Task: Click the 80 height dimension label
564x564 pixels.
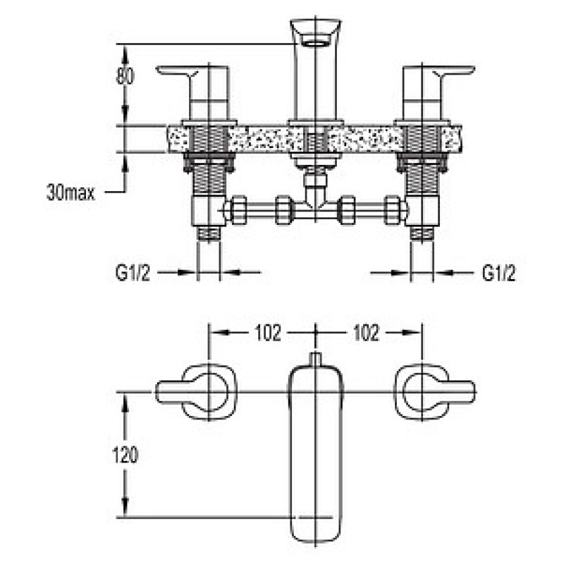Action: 125,76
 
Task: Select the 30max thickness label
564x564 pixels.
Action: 70,192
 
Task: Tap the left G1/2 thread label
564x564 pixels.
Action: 133,273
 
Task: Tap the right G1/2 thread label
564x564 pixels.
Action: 498,273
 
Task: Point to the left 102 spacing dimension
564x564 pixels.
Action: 268,333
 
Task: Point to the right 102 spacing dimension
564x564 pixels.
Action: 367,333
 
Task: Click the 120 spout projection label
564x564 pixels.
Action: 125,455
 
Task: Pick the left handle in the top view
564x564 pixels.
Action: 197,392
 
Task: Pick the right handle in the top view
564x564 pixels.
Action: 434,392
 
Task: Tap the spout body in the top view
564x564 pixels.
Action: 315,454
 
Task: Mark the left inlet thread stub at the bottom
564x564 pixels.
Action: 209,233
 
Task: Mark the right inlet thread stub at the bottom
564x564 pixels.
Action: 422,233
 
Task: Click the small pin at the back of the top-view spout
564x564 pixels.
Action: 315,360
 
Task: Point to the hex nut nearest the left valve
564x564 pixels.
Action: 238,210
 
